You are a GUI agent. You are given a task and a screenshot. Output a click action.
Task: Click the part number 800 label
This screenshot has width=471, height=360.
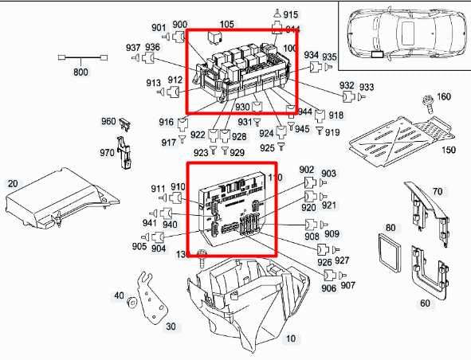pyautogui.click(x=80, y=73)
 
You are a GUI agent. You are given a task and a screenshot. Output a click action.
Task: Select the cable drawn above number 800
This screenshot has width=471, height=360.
pyautogui.click(x=80, y=59)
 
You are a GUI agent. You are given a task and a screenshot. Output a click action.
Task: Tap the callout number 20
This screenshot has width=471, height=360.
pyautogui.click(x=13, y=184)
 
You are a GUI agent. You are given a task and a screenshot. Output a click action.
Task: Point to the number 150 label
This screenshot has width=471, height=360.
pyautogui.click(x=449, y=151)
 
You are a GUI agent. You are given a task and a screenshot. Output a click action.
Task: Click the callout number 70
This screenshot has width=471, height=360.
pyautogui.click(x=437, y=191)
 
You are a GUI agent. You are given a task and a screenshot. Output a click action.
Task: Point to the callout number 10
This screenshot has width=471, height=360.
pyautogui.click(x=291, y=339)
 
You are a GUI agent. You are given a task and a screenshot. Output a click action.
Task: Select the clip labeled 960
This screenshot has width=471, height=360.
pyautogui.click(x=124, y=124)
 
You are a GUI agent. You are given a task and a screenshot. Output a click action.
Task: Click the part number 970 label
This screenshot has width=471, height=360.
pyautogui.click(x=107, y=152)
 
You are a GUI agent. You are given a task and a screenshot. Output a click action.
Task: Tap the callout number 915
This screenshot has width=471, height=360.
pyautogui.click(x=290, y=15)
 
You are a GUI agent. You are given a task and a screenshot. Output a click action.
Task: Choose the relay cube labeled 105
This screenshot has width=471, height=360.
pyautogui.click(x=214, y=37)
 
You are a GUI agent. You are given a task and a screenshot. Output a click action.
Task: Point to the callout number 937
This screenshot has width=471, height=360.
pyautogui.click(x=131, y=49)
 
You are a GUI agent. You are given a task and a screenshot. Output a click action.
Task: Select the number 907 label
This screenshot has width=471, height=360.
pyautogui.click(x=348, y=285)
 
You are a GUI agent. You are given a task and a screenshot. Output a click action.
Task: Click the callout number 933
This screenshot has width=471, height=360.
pyautogui.click(x=367, y=87)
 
